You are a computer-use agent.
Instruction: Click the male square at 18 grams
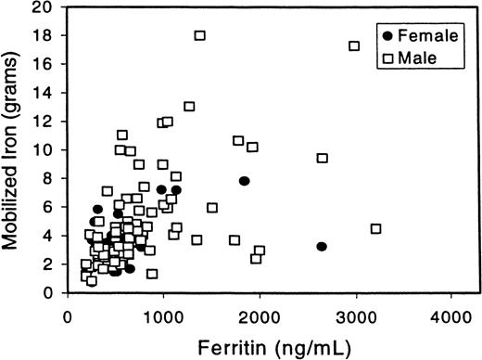click(x=199, y=35)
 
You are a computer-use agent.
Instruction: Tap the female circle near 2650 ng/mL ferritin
click(x=322, y=246)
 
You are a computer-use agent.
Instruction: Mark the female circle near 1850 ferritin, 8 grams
click(x=245, y=181)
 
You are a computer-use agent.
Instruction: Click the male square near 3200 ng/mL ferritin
click(x=375, y=228)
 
